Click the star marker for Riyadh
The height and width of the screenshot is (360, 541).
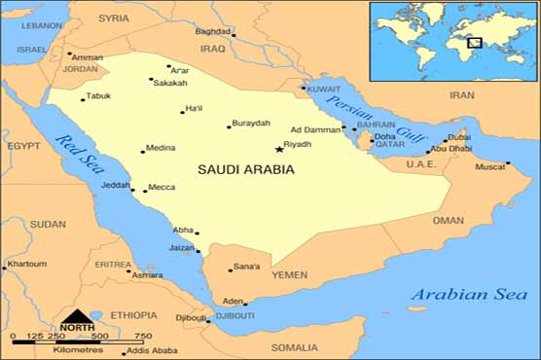[x=279, y=149]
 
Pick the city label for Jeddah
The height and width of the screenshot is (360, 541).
[x=114, y=184]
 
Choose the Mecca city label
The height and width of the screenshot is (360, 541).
[x=162, y=187]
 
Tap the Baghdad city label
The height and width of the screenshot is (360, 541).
[x=213, y=31]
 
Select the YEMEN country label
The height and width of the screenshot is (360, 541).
[x=289, y=275]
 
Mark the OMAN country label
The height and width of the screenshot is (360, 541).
[x=448, y=220]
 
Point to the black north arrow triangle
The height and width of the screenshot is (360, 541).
[x=77, y=315]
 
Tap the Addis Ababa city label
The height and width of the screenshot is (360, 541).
[x=152, y=349]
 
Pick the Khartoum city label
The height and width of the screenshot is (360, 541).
[x=26, y=264]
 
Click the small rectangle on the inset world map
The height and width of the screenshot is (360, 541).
[x=474, y=42]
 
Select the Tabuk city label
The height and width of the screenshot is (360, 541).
[x=98, y=95]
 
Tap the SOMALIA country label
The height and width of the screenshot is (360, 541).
[x=294, y=347]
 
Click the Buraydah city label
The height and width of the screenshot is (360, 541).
[x=249, y=124]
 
